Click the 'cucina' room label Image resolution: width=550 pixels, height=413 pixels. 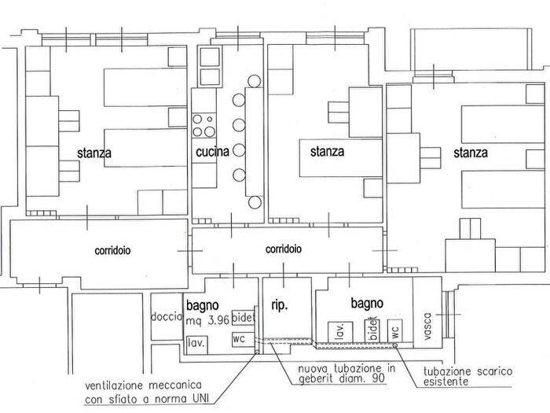pyautogui.click(x=213, y=152)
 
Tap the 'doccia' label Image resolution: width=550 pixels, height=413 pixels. pyautogui.click(x=167, y=317)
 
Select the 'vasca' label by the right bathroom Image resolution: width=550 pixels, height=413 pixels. pyautogui.click(x=427, y=326)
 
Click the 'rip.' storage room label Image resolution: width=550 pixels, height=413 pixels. pyautogui.click(x=280, y=305)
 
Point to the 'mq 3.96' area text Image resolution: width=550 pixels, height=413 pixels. pyautogui.click(x=207, y=320)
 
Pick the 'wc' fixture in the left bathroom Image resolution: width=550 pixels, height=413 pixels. pyautogui.click(x=243, y=339)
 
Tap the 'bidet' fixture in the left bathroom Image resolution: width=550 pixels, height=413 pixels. pyautogui.click(x=244, y=318)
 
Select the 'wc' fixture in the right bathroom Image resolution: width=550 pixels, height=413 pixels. pyautogui.click(x=394, y=331)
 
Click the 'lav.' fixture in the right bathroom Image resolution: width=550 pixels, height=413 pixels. pyautogui.click(x=340, y=331)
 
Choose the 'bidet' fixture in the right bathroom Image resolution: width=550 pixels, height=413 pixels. pyautogui.click(x=372, y=330)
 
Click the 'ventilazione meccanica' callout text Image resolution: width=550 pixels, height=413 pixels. pyautogui.click(x=146, y=393)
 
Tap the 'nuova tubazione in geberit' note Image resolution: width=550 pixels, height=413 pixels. pyautogui.click(x=346, y=373)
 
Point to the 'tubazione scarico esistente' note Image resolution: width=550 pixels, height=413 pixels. pyautogui.click(x=467, y=376)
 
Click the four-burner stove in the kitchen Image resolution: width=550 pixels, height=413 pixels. pyautogui.click(x=203, y=125)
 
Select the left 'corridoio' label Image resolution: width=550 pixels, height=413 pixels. pyautogui.click(x=112, y=250)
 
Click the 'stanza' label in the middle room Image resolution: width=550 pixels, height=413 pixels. pyautogui.click(x=328, y=151)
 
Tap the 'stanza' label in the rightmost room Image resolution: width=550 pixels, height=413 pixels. pyautogui.click(x=471, y=153)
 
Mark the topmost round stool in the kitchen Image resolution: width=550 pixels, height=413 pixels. pyautogui.click(x=255, y=81)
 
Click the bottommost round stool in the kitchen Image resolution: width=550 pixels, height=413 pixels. pyautogui.click(x=255, y=202)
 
